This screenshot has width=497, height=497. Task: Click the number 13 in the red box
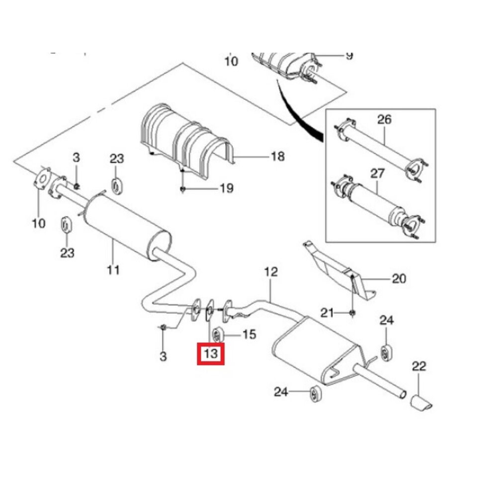pyautogui.click(x=211, y=353)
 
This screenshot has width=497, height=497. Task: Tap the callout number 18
pyautogui.click(x=278, y=157)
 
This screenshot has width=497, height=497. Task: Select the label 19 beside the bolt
pyautogui.click(x=227, y=188)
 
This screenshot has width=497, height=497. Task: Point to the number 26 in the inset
pyautogui.click(x=384, y=119)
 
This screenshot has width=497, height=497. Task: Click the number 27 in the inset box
pyautogui.click(x=377, y=173)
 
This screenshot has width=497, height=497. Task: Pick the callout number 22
pyautogui.click(x=419, y=366)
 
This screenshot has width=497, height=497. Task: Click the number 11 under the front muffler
pyautogui.click(x=113, y=270)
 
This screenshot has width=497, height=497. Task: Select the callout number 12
pyautogui.click(x=271, y=272)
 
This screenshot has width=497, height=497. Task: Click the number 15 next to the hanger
pyautogui.click(x=249, y=334)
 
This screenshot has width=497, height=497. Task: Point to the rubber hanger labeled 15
pyautogui.click(x=218, y=334)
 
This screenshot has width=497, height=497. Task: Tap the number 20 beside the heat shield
pyautogui.click(x=399, y=279)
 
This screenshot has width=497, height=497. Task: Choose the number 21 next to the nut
pyautogui.click(x=327, y=313)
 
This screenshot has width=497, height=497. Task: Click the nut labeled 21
pyautogui.click(x=352, y=313)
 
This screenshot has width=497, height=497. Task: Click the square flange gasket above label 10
pyautogui.click(x=42, y=179)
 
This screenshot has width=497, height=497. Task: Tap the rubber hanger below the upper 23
pyautogui.click(x=117, y=186)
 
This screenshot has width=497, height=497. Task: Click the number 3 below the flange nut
pyautogui.click(x=163, y=356)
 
